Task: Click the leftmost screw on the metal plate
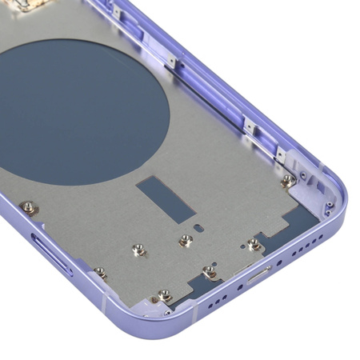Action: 29,207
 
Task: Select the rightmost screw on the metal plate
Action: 287,180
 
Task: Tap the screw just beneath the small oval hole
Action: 186,240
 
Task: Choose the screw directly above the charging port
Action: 254,243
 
